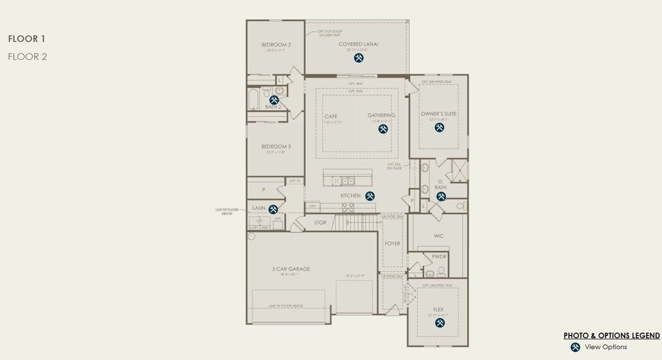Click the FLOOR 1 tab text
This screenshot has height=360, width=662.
[27, 39]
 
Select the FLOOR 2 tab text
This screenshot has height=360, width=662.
[28, 57]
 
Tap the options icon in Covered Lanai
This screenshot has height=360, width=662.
[359, 58]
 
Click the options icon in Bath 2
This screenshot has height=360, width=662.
[274, 100]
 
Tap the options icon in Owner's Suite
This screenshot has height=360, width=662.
[440, 127]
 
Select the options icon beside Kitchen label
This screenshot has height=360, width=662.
[370, 196]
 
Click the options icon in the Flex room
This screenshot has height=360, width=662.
[440, 323]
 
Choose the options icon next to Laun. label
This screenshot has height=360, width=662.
[273, 209]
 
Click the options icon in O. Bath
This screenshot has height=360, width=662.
[441, 196]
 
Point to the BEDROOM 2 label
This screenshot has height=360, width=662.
[276, 45]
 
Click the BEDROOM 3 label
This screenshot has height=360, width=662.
[276, 146]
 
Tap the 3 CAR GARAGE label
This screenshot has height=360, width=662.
[291, 269]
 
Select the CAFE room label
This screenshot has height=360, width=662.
[331, 116]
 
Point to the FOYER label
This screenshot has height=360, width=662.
[392, 244]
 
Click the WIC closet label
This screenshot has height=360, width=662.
[438, 236]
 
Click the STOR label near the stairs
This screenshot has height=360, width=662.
[320, 223]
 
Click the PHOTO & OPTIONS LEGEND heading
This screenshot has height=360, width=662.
[612, 335]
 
